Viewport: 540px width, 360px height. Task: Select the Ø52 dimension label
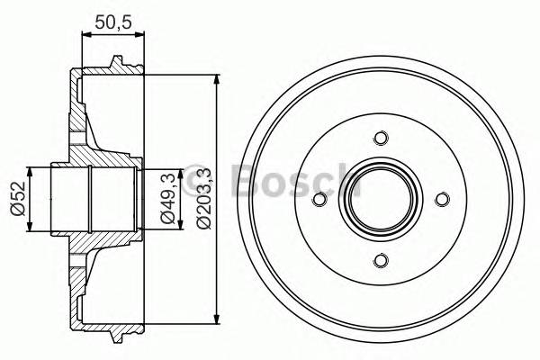coord(17,199)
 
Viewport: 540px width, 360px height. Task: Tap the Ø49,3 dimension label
coord(167,199)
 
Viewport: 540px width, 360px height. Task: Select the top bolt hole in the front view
coord(380,138)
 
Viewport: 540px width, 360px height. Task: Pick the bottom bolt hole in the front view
coord(380,261)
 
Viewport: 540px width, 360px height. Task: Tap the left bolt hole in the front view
coord(318,200)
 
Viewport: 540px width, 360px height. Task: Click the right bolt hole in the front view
coord(441,200)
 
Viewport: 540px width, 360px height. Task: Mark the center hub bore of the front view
coord(380,200)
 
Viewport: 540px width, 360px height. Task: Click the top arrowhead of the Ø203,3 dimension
coord(217,80)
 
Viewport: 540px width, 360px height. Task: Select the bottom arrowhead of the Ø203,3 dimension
coord(217,319)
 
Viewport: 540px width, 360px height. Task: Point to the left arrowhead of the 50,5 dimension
coord(85,36)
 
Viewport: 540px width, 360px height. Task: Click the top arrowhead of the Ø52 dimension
coord(31,172)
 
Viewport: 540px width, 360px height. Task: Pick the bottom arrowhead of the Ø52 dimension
coord(31,227)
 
